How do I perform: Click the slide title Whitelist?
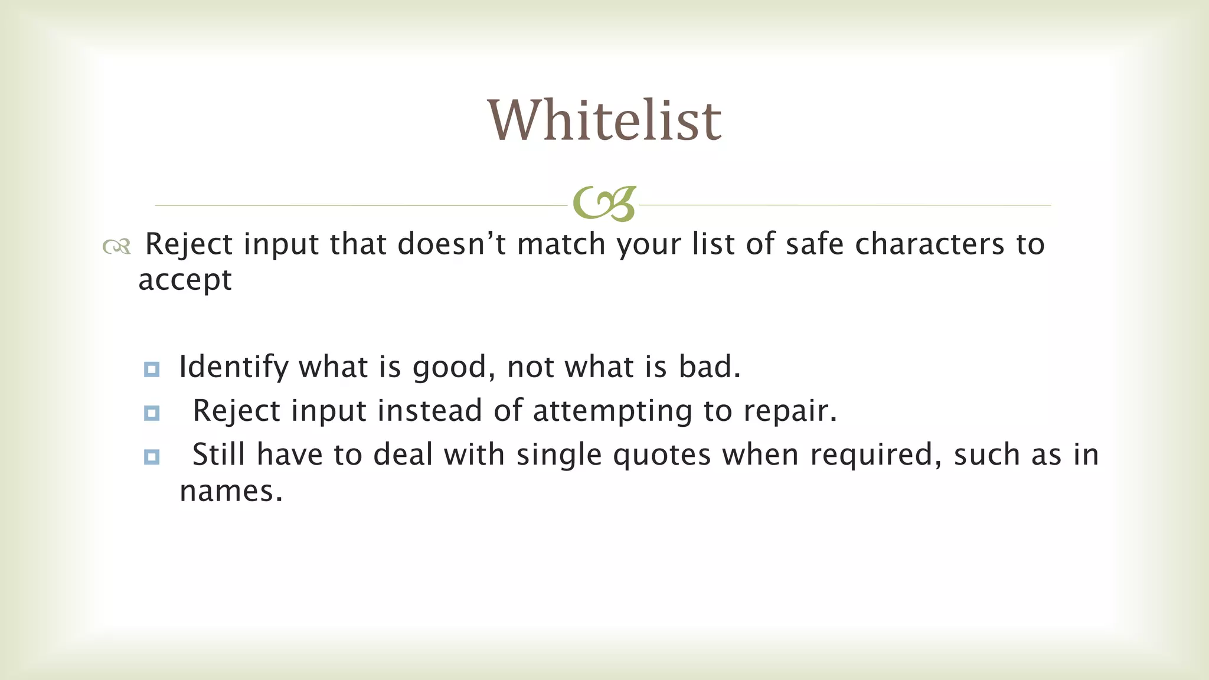coord(604,120)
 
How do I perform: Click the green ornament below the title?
coord(604,204)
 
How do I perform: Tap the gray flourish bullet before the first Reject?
coord(116,246)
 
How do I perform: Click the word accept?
coord(185,280)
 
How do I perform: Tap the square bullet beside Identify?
coord(152,370)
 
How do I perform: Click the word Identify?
coord(233,367)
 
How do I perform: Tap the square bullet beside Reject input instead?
coord(152,413)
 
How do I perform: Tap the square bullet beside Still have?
coord(152,457)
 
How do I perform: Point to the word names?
coord(231,491)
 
